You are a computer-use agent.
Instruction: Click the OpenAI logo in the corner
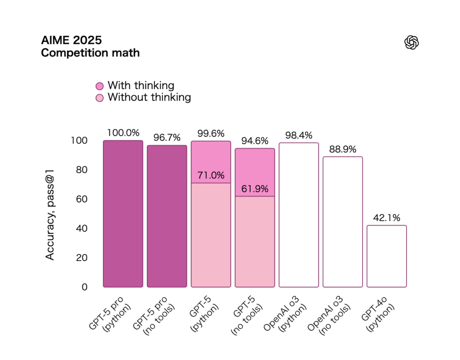pyautogui.click(x=411, y=43)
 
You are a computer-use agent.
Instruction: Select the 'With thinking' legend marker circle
pyautogui.click(x=100, y=86)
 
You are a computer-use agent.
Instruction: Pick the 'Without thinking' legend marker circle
pyautogui.click(x=100, y=98)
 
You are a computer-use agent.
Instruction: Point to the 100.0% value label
pyautogui.click(x=123, y=133)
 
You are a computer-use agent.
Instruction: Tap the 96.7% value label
pyautogui.click(x=167, y=138)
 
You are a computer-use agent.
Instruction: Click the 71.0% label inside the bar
pyautogui.click(x=211, y=175)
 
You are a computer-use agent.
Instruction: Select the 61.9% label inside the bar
pyautogui.click(x=255, y=189)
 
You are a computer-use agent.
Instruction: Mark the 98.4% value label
pyautogui.click(x=299, y=135)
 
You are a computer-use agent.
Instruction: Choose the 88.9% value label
pyautogui.click(x=343, y=149)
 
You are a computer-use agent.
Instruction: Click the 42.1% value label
pyautogui.click(x=387, y=218)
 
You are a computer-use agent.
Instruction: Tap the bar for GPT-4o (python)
pyautogui.click(x=387, y=256)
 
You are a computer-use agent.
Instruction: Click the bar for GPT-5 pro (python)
pyautogui.click(x=123, y=214)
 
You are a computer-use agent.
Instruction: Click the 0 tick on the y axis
pyautogui.click(x=84, y=287)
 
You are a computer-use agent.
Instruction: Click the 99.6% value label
pyautogui.click(x=211, y=133)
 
